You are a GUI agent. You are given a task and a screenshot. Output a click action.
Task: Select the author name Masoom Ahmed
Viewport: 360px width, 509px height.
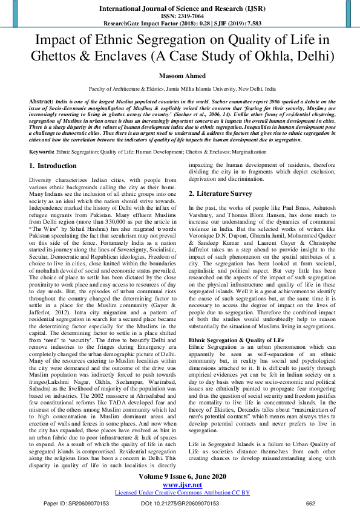pos(180,77)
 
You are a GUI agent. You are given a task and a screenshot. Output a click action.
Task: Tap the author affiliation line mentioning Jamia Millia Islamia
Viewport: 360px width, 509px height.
pos(180,88)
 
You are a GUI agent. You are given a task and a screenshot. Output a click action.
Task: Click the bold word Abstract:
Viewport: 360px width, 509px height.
pos(43,100)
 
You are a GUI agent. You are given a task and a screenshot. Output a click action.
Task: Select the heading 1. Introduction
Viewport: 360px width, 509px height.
pos(53,166)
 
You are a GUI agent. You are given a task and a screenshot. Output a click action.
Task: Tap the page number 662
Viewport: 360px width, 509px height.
pos(311,502)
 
